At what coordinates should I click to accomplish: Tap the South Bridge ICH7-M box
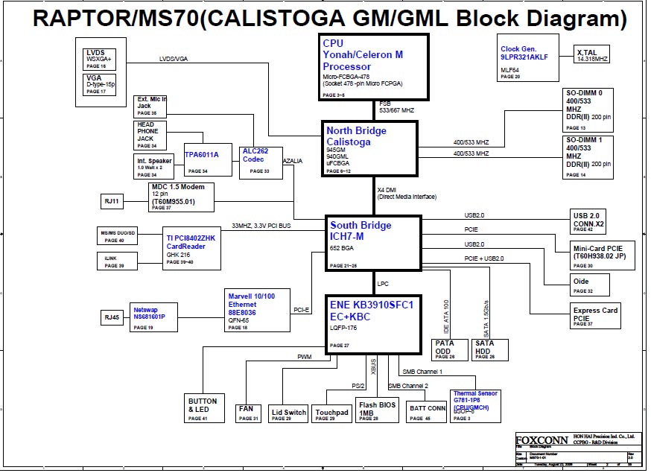pyautogui.click(x=373, y=244)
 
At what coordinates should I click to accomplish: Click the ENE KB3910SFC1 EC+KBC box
pyautogui.click(x=373, y=323)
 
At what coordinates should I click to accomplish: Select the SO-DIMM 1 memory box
pyautogui.click(x=588, y=156)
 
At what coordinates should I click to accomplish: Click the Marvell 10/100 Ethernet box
pyautogui.click(x=258, y=310)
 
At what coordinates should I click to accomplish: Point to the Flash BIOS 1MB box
pyautogui.click(x=378, y=410)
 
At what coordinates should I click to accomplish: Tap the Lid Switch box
pyautogui.click(x=289, y=413)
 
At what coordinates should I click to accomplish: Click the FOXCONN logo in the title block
pyautogui.click(x=541, y=439)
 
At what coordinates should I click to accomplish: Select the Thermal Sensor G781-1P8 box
pyautogui.click(x=476, y=405)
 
